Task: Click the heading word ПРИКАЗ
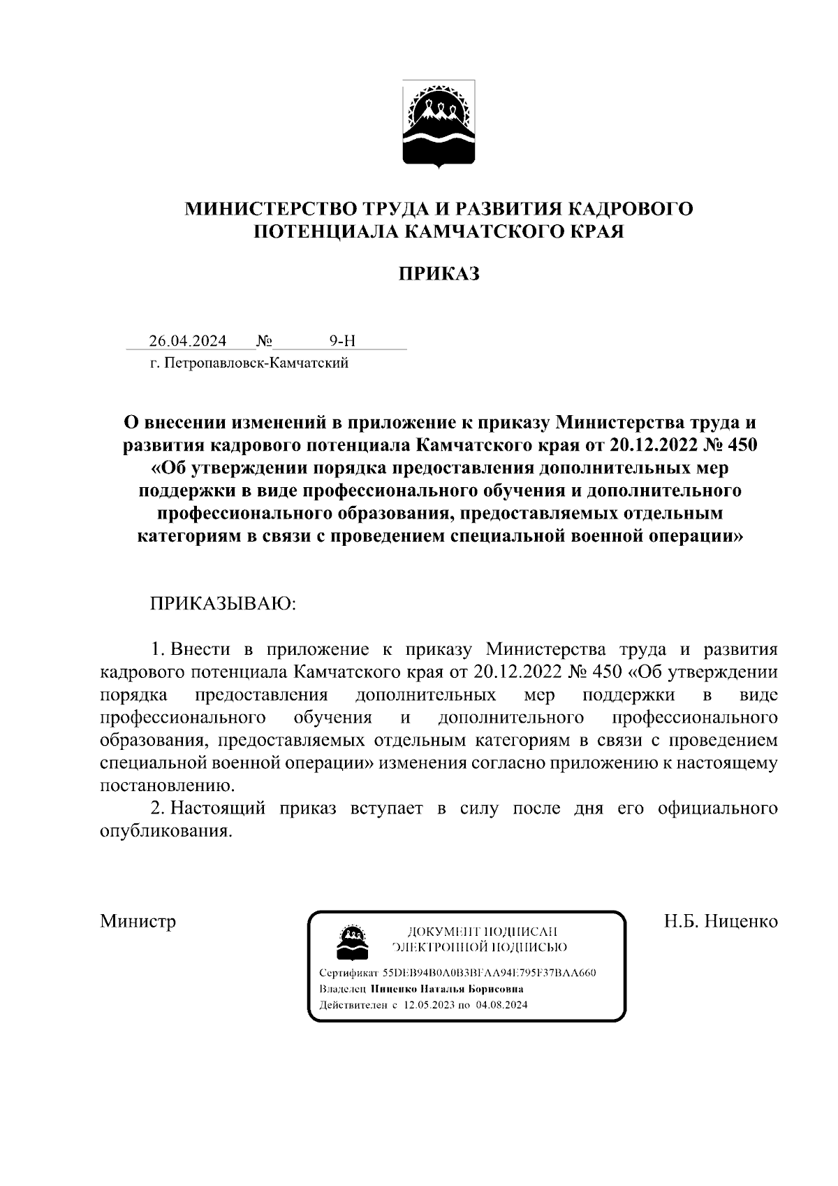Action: click(x=439, y=273)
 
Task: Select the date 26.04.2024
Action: click(x=187, y=341)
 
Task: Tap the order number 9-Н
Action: click(x=342, y=341)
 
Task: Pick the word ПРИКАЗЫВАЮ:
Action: click(x=223, y=603)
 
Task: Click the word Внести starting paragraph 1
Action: click(x=200, y=649)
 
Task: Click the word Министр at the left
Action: click(x=138, y=920)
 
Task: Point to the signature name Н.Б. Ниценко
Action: click(x=720, y=920)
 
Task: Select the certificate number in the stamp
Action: click(x=489, y=973)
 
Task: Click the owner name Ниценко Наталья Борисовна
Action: click(x=448, y=989)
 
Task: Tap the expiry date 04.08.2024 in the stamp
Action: click(x=501, y=1005)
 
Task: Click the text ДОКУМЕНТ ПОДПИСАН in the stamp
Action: click(x=481, y=932)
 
